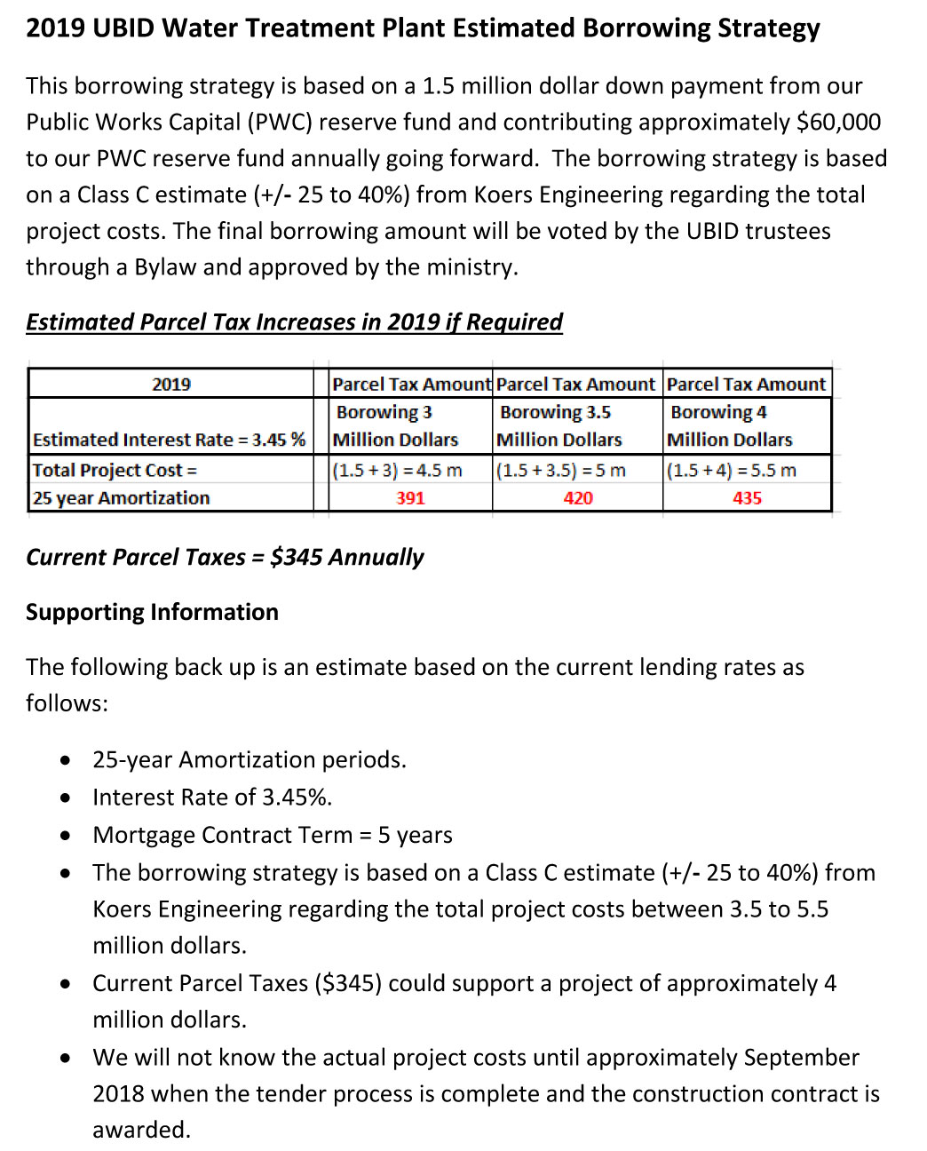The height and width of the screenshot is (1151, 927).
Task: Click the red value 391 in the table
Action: click(x=410, y=498)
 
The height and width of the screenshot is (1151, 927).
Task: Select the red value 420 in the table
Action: click(x=578, y=498)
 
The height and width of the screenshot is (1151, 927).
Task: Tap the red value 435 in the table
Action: click(x=747, y=498)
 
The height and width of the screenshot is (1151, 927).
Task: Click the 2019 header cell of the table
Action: click(x=171, y=385)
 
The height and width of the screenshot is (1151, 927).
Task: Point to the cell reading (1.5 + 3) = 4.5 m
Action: click(x=398, y=470)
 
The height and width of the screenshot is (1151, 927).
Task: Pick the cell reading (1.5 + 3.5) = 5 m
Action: click(x=561, y=470)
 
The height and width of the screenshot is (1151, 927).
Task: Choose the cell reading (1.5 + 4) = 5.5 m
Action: click(x=732, y=470)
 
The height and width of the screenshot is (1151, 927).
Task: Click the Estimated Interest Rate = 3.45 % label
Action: click(x=169, y=440)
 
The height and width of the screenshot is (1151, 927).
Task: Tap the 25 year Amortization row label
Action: click(x=122, y=498)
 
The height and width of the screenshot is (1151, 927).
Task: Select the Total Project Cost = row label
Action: click(x=115, y=470)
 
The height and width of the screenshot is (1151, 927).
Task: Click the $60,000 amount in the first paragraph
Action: click(x=838, y=122)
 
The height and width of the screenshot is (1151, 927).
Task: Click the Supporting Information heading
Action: click(x=152, y=612)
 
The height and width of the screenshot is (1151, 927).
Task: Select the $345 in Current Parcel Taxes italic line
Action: click(x=296, y=557)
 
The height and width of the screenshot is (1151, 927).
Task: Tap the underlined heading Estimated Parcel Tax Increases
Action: click(x=294, y=321)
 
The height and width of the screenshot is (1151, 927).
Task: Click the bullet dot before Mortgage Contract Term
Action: click(x=66, y=836)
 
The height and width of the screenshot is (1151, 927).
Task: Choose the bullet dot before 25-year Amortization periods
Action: click(x=66, y=760)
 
